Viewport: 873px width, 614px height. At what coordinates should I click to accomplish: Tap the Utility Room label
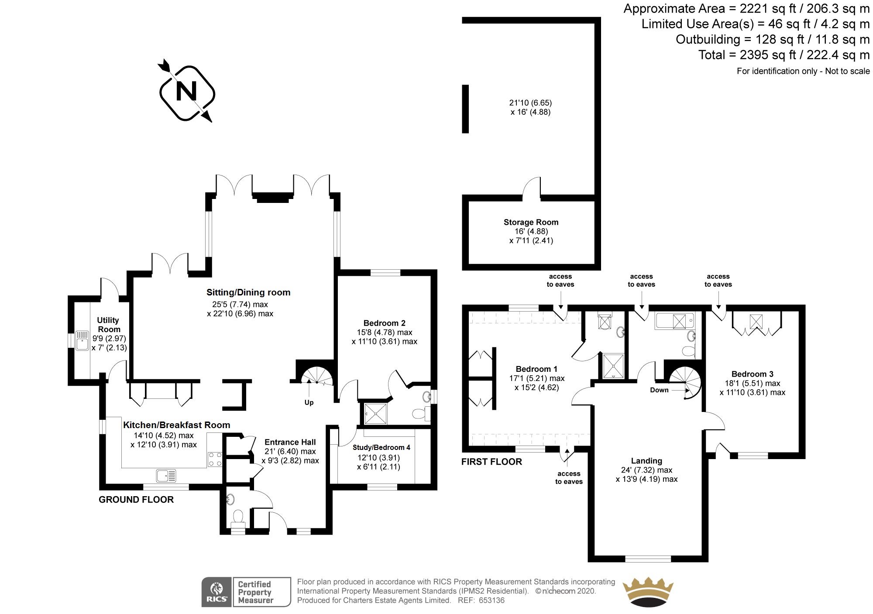click(x=108, y=325)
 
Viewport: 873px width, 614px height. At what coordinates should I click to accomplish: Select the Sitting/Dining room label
click(x=248, y=292)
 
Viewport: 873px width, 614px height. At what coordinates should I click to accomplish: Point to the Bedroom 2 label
click(x=384, y=323)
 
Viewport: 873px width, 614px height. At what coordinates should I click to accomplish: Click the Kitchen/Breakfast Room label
click(x=176, y=425)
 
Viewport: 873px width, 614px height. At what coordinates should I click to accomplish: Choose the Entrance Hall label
click(x=290, y=442)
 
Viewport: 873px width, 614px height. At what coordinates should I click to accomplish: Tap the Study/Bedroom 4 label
click(x=381, y=447)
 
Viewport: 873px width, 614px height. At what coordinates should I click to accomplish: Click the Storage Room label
click(x=531, y=222)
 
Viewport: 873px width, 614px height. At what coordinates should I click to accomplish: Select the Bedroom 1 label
click(x=536, y=369)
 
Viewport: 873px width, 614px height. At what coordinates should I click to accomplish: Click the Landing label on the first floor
click(x=646, y=461)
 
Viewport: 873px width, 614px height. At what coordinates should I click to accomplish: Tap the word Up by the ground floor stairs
click(x=309, y=402)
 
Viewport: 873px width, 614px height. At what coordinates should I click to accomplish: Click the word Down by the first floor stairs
click(x=659, y=390)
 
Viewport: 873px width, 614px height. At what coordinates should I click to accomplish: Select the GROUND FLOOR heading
click(x=136, y=500)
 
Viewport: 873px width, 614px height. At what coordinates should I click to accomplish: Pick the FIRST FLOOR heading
click(x=491, y=462)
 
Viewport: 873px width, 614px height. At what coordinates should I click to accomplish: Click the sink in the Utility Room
click(x=82, y=340)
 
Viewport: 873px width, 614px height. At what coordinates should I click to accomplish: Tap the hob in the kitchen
click(x=215, y=459)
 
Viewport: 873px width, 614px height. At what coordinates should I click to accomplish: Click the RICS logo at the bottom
click(x=217, y=592)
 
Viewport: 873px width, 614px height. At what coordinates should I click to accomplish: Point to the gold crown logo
click(x=647, y=593)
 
